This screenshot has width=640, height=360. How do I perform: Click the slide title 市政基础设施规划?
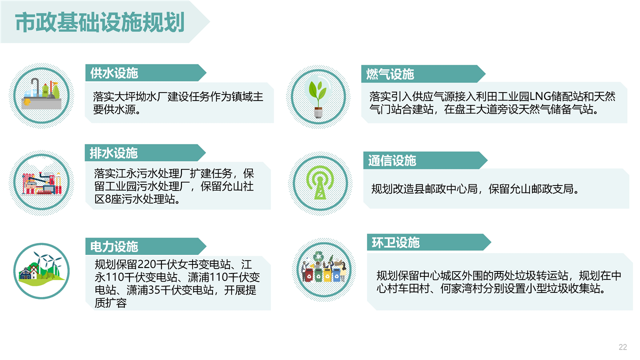[x=100, y=22]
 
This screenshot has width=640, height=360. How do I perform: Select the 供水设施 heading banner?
[x=145, y=73]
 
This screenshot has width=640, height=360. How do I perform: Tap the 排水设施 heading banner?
[x=145, y=153]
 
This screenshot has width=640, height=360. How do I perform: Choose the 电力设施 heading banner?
[x=145, y=246]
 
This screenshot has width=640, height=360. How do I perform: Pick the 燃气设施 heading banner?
[x=423, y=74]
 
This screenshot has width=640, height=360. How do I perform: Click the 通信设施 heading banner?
[x=425, y=160]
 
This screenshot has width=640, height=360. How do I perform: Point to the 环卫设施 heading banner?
[x=429, y=242]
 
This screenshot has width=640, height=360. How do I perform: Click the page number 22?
[x=622, y=347]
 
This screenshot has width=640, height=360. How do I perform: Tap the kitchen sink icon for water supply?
[x=41, y=95]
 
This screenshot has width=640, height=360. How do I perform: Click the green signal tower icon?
[x=320, y=183]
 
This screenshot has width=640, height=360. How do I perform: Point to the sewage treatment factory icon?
[x=41, y=183]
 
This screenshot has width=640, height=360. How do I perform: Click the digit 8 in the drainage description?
[x=108, y=199]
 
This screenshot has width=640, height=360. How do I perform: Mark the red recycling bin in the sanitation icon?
[x=309, y=275]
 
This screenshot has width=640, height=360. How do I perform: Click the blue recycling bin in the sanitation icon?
[x=336, y=274]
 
